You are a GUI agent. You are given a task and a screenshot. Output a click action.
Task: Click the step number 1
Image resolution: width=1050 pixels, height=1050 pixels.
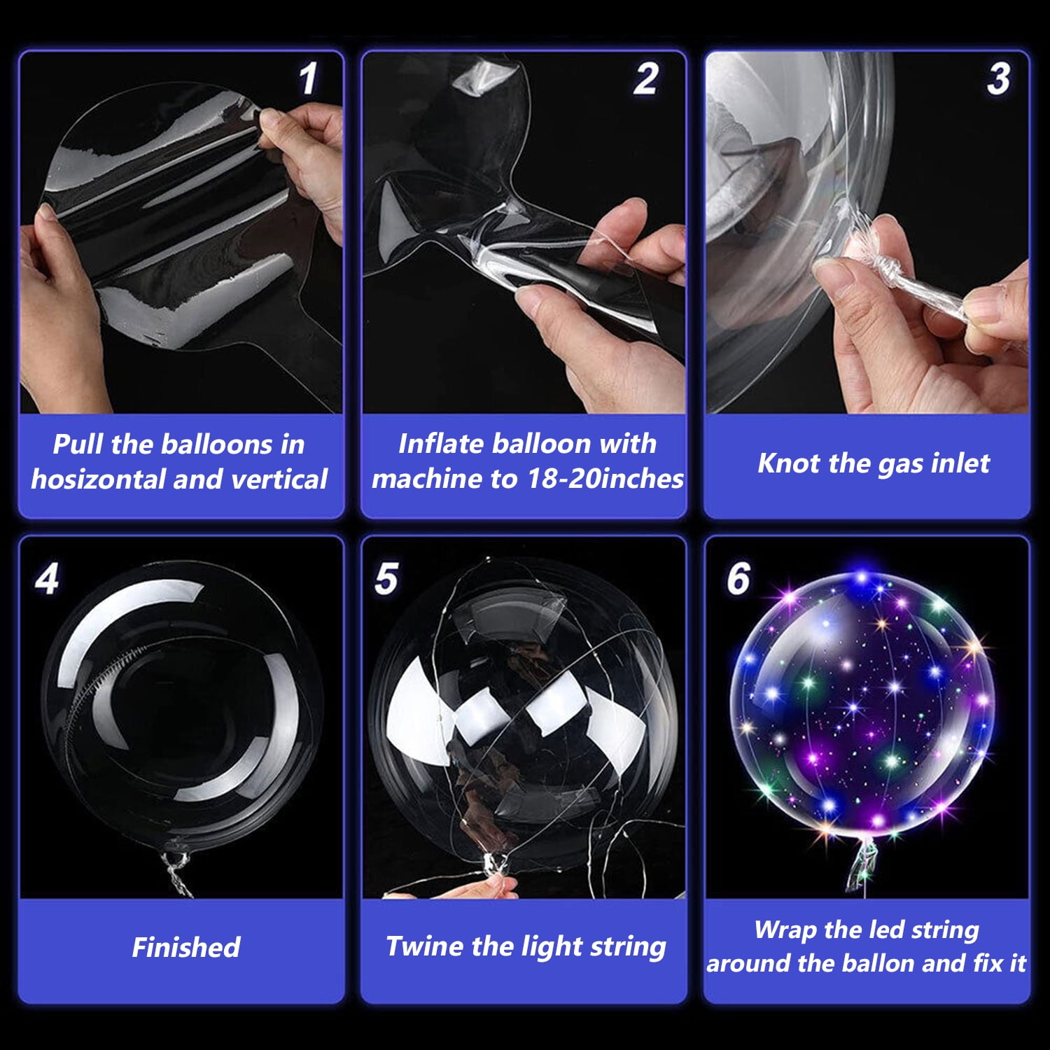click(x=308, y=78)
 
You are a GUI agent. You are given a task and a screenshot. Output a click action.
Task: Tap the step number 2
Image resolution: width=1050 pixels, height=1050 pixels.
click(x=645, y=78)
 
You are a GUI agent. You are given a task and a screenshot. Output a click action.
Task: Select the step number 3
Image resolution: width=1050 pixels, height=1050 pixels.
click(x=998, y=78)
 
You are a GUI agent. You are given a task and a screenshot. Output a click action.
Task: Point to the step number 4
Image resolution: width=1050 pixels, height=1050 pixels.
click(x=47, y=579)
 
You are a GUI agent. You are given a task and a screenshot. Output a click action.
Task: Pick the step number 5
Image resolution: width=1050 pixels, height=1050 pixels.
click(x=386, y=579)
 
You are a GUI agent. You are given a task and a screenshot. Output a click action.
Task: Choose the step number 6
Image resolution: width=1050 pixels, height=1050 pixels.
click(x=738, y=579)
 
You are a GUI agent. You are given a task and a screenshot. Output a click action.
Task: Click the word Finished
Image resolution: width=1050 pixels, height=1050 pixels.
click(x=186, y=947)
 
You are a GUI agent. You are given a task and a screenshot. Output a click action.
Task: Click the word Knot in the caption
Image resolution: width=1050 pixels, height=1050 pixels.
click(x=788, y=463)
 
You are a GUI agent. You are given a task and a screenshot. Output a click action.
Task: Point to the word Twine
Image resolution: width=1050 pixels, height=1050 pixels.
click(x=425, y=946)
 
